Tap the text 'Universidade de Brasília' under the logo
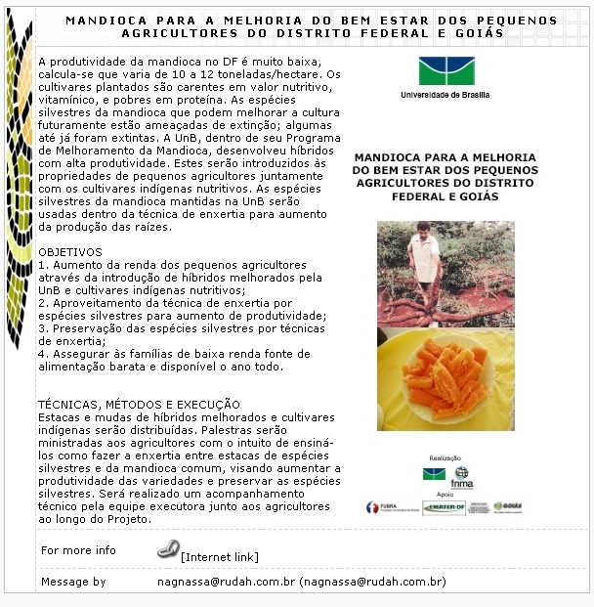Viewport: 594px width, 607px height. (x=445, y=95)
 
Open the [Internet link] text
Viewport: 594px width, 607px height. (x=220, y=557)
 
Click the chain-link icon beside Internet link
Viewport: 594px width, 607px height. (x=168, y=549)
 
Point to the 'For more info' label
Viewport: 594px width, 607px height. (x=78, y=550)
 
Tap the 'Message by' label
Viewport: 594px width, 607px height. (x=73, y=582)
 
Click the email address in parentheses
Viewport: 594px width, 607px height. (x=374, y=582)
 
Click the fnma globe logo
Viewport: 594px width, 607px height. (x=461, y=476)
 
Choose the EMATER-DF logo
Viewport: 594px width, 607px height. (x=444, y=507)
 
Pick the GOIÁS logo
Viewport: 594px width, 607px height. (x=508, y=506)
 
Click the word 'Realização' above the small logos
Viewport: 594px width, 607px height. (x=445, y=457)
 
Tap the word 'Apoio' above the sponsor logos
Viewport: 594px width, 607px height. (x=445, y=495)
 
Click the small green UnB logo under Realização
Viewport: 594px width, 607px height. (x=433, y=474)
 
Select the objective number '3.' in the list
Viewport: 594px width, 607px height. (x=44, y=328)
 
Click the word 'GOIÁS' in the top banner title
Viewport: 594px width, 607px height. (x=480, y=32)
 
